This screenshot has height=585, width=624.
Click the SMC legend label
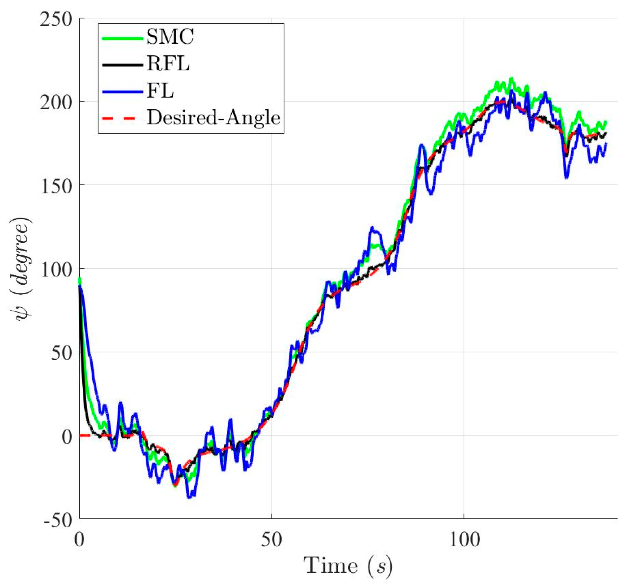click(170, 37)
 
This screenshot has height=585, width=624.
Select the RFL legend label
click(168, 64)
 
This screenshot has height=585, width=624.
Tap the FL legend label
click(160, 91)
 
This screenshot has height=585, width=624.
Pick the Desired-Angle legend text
click(213, 118)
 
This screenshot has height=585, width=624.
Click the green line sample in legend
click(122, 38)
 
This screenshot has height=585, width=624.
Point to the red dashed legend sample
click(122, 119)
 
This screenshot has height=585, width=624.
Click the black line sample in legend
click(122, 65)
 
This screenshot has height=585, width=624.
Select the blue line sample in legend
click(122, 92)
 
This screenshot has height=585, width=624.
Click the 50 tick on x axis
click(271, 540)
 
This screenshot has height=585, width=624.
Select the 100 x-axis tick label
click(464, 540)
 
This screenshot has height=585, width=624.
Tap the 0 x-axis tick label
click(79, 540)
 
